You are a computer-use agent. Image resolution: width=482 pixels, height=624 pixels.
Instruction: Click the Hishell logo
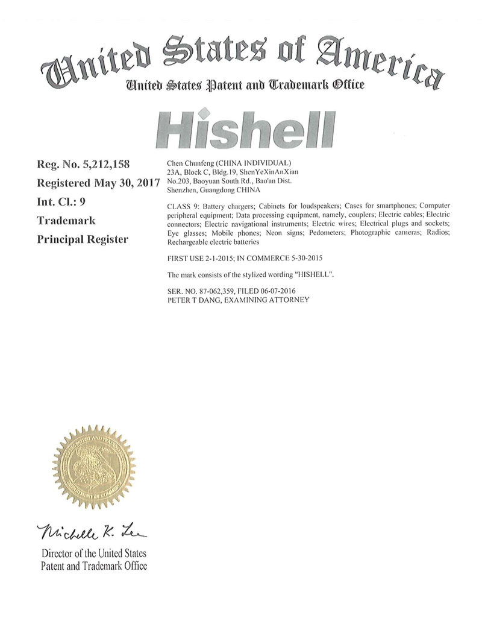click(x=246, y=128)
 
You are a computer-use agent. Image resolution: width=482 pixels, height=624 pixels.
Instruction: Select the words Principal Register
click(x=83, y=239)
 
